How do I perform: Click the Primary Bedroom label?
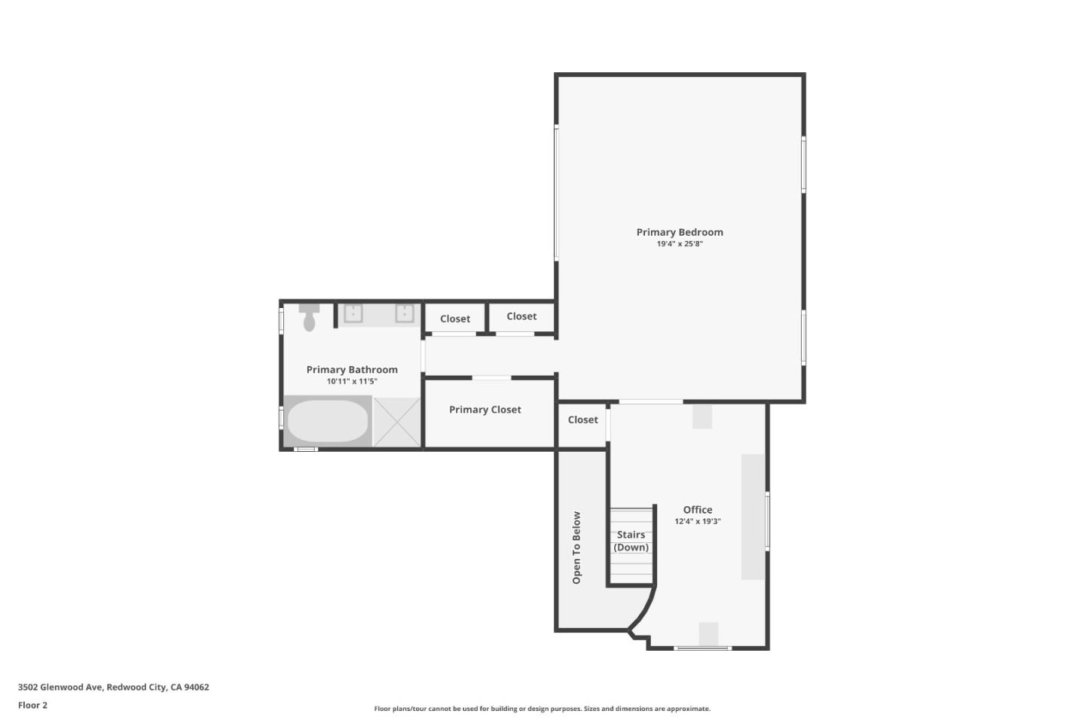point(680,233)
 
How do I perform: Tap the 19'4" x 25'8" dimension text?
point(680,243)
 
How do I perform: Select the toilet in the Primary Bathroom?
point(309,317)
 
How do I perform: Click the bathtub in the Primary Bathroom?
point(328,420)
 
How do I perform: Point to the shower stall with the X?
point(396,422)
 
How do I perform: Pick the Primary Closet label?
point(485,410)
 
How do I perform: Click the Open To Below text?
point(576,548)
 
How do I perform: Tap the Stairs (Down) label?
point(631,541)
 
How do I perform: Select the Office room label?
point(698,509)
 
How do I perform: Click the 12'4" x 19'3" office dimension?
point(698,521)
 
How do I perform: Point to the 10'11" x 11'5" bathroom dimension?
point(352,381)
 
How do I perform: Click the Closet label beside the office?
point(582,419)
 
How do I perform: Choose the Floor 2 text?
point(33,705)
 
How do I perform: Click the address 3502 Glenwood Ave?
point(60,687)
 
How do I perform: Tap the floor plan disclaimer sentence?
point(542,709)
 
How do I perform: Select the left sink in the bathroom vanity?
point(353,313)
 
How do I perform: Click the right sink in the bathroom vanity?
point(405,313)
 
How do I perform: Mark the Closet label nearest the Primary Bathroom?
point(455,319)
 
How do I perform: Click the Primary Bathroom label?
point(352,370)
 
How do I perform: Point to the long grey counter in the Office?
point(753,517)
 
